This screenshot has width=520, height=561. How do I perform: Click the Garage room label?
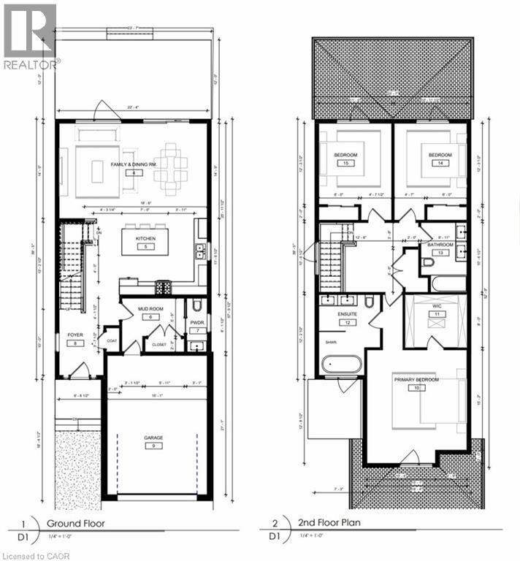153,438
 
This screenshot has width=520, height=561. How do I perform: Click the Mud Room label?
149,308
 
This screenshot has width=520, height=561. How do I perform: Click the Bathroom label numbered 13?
440,243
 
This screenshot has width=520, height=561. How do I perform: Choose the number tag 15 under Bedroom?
344,164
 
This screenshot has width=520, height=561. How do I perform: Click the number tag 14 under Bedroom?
440,164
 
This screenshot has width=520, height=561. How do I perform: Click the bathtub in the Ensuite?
343,363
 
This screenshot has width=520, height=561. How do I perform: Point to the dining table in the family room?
170,167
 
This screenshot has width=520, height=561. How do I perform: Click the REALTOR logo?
29,37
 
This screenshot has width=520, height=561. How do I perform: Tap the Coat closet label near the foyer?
112,340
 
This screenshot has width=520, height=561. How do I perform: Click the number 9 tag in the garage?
153,445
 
